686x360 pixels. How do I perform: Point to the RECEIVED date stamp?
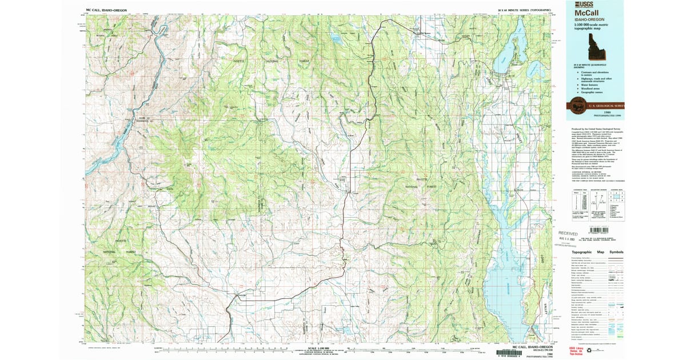[x=568, y=234]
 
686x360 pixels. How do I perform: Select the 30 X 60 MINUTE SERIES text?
[x=524, y=10]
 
